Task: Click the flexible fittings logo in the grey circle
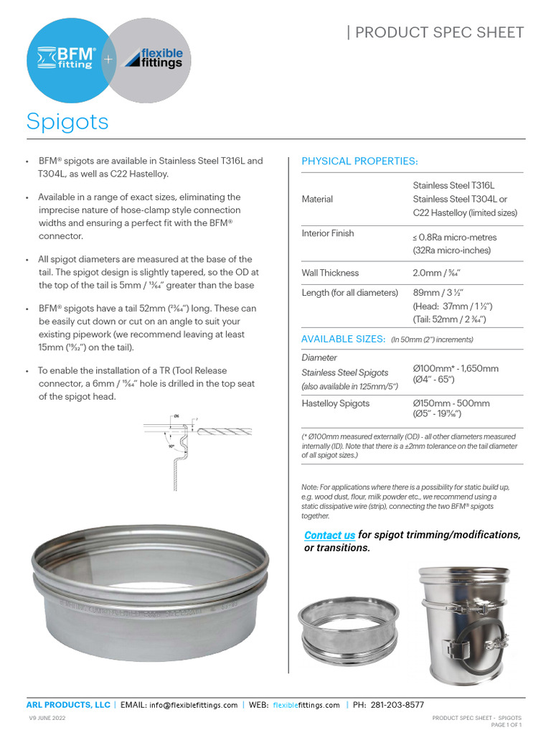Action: (154, 58)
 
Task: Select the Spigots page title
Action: (67, 121)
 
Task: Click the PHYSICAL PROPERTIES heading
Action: (359, 161)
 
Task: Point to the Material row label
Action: (317, 199)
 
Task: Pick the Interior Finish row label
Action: (328, 233)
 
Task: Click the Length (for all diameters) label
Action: (349, 292)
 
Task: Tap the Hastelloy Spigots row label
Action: (336, 403)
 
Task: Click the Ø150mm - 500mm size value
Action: (451, 403)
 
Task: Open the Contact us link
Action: (329, 535)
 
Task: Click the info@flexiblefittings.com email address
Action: (193, 705)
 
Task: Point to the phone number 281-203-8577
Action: (397, 705)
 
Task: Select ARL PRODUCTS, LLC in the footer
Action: (68, 705)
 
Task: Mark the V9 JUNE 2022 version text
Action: (47, 718)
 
